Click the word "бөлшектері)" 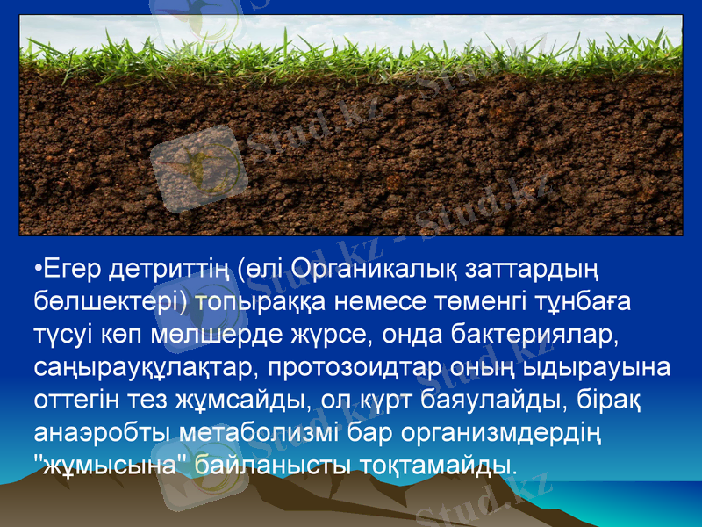tap(110, 302)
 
